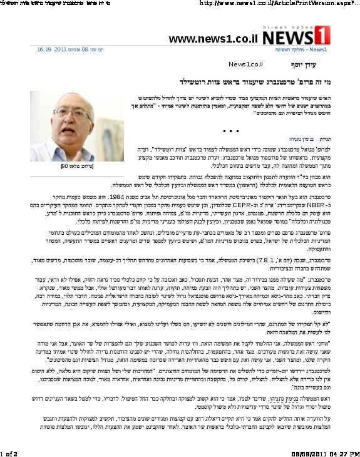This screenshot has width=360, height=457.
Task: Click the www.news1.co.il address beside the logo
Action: coord(213,39)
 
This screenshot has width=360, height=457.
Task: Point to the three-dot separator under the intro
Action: coord(232,131)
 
